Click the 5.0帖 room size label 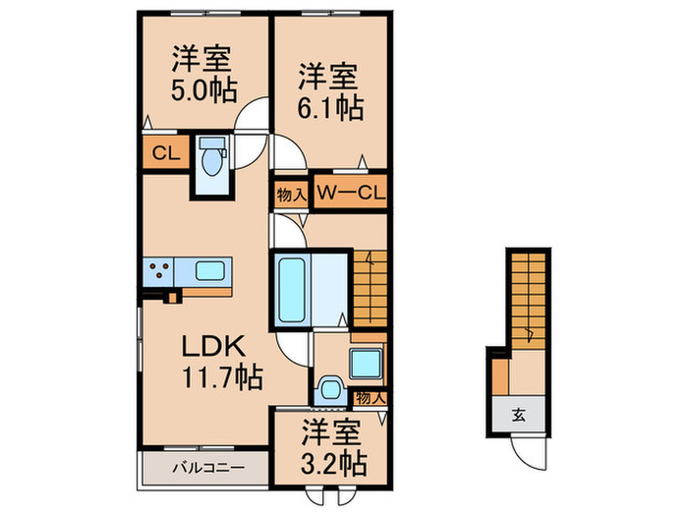(204, 90)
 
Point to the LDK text (213, 346)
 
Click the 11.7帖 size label (222, 377)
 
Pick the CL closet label (166, 153)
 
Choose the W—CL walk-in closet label (351, 192)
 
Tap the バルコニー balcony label (208, 468)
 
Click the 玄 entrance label (519, 415)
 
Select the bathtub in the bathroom (292, 290)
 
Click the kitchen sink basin (210, 270)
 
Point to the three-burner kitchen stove (159, 271)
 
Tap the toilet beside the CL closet (212, 156)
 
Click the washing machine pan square (366, 364)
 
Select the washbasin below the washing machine (331, 389)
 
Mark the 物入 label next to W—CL (291, 195)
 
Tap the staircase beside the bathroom (371, 289)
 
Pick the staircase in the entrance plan (529, 303)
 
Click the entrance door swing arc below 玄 (523, 456)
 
